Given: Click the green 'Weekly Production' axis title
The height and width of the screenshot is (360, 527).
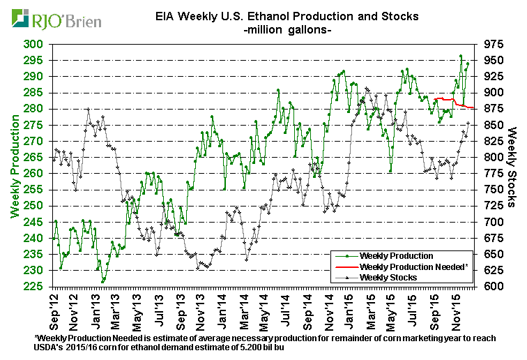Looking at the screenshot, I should [13, 165].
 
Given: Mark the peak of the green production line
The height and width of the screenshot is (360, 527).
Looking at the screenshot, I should [461, 56].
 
